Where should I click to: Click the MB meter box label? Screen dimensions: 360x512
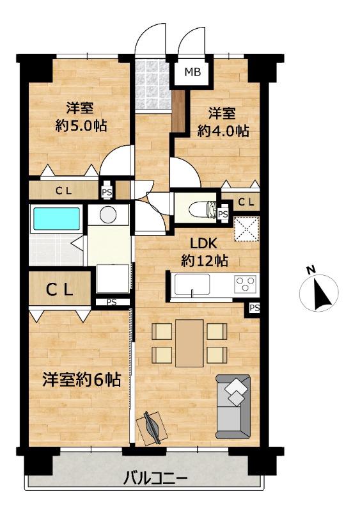[192, 72]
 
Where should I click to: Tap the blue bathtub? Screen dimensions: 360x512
[56, 218]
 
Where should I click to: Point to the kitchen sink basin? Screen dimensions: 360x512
[192, 285]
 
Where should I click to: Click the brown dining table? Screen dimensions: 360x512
[189, 343]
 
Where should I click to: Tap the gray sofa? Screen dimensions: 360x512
[233, 406]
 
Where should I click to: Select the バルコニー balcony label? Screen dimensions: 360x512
[155, 479]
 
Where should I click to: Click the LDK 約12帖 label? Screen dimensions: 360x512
[205, 252]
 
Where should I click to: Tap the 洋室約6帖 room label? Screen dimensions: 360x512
[82, 380]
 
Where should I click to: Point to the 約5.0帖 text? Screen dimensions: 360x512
[81, 125]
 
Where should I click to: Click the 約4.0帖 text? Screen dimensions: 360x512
[223, 131]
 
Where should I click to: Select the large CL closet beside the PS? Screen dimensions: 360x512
[59, 289]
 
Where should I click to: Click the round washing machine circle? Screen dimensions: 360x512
[108, 214]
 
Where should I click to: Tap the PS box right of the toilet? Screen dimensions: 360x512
[223, 214]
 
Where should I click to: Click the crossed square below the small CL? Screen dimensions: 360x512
[247, 228]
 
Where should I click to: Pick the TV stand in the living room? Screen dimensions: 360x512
[152, 428]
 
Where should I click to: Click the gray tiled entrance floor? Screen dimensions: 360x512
[152, 84]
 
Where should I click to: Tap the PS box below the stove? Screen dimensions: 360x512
[254, 308]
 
